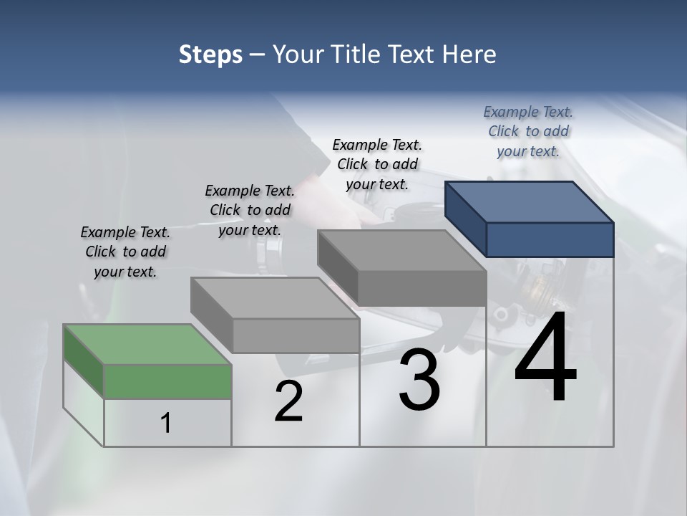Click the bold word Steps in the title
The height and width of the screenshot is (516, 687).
point(210,54)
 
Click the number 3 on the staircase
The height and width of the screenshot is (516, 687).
point(419,381)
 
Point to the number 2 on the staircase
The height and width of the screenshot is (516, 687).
point(289,402)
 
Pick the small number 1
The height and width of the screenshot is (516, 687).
point(166,424)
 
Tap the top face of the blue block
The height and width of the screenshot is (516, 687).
point(530,201)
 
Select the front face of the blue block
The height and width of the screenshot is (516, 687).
point(550,239)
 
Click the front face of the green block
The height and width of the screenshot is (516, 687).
point(167,381)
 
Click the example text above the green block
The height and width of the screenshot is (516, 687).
point(125,252)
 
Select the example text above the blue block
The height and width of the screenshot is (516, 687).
point(528,132)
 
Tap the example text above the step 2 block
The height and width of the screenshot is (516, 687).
point(250,211)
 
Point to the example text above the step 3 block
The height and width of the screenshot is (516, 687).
point(377,165)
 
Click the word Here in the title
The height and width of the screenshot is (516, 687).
point(470,54)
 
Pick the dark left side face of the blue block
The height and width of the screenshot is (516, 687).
point(465,219)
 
